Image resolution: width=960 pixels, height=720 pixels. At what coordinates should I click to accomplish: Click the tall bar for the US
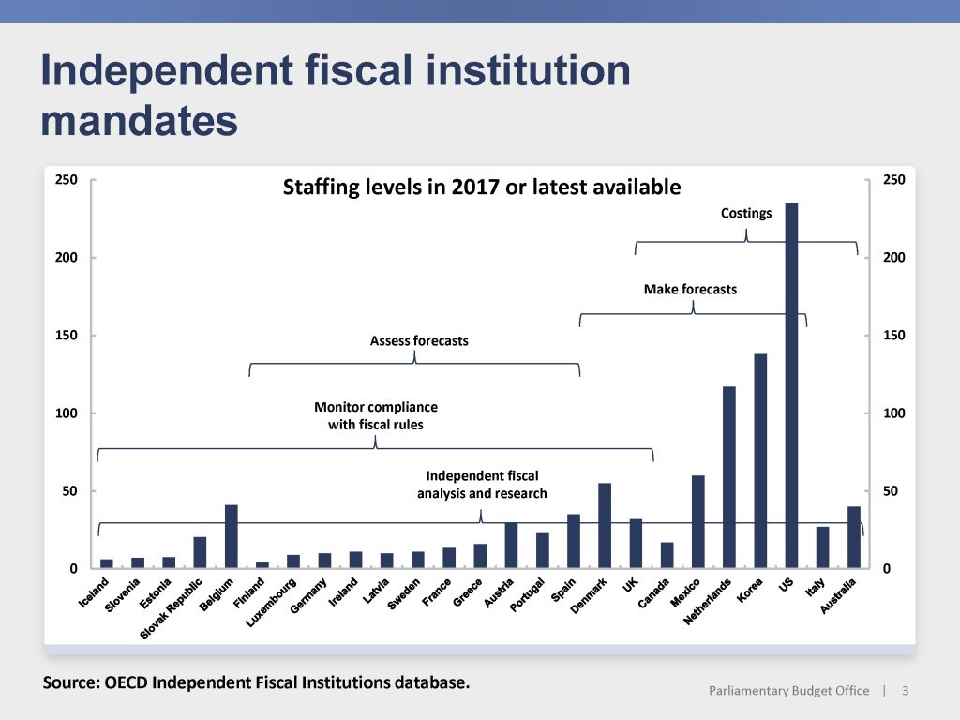pyautogui.click(x=791, y=384)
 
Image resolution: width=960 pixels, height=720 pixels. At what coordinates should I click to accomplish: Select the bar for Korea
pyautogui.click(x=760, y=460)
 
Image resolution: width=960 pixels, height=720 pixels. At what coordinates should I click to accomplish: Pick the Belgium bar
pyautogui.click(x=232, y=536)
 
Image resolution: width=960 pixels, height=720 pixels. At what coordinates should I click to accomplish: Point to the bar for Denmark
pyautogui.click(x=605, y=525)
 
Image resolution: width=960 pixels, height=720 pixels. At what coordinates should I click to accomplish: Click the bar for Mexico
pyautogui.click(x=697, y=521)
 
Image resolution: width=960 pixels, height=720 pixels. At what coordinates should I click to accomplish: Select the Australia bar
pyautogui.click(x=853, y=537)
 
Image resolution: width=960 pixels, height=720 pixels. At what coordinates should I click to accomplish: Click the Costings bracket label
pyautogui.click(x=746, y=213)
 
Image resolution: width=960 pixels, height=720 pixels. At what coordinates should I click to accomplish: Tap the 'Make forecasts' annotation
pyautogui.click(x=690, y=290)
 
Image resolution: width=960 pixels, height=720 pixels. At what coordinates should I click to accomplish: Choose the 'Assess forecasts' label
pyautogui.click(x=419, y=341)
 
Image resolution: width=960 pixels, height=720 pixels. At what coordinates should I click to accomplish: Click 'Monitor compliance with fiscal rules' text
pyautogui.click(x=375, y=416)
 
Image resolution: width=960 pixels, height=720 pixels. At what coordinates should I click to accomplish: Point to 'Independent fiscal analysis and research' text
pyautogui.click(x=482, y=485)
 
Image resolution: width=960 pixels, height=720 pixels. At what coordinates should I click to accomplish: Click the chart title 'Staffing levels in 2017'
pyautogui.click(x=482, y=187)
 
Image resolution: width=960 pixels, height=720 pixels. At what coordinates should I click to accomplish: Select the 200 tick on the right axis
pyautogui.click(x=894, y=257)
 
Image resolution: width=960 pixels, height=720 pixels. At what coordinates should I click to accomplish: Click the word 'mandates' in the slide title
pyautogui.click(x=139, y=120)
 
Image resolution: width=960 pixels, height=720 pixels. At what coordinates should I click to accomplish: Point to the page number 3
pyautogui.click(x=905, y=691)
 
